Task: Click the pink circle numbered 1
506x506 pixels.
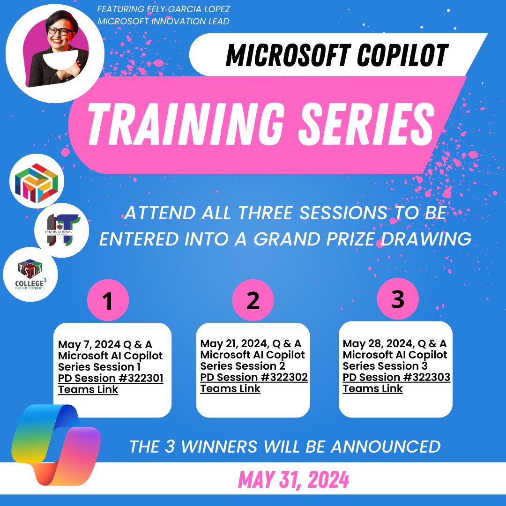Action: [108, 300]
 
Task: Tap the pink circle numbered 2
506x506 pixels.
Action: [253, 300]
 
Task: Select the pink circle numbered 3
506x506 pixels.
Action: [397, 299]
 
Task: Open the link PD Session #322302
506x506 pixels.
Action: [253, 378]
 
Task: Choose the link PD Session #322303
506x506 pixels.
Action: [396, 378]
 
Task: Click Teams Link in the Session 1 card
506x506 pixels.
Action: [88, 390]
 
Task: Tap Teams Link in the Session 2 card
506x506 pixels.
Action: [230, 388]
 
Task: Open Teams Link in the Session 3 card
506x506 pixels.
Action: [372, 388]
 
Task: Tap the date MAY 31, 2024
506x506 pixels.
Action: [294, 479]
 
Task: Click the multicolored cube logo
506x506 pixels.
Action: [37, 183]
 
